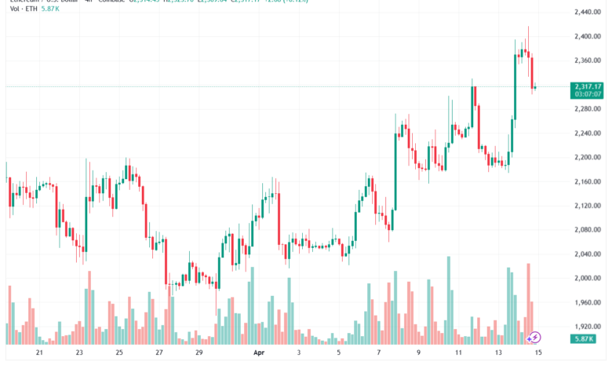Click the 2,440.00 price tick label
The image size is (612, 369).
(587, 13)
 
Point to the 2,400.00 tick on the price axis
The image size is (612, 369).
(587, 37)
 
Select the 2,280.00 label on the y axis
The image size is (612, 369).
(587, 109)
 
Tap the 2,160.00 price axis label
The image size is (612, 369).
(587, 182)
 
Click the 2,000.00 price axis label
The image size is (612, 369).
(587, 279)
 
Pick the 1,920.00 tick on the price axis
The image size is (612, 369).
(587, 327)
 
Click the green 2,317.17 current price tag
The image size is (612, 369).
(588, 86)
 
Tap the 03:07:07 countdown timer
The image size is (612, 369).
(588, 94)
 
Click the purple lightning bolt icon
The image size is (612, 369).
(535, 338)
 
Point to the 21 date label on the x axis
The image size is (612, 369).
(39, 354)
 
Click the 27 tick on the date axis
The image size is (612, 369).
(159, 354)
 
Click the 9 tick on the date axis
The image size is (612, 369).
(419, 354)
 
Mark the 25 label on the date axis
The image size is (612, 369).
(119, 354)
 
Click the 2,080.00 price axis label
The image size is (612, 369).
(587, 230)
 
